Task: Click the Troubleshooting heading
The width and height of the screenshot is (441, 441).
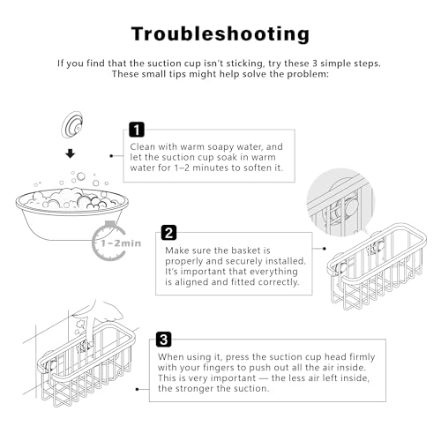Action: coord(220,34)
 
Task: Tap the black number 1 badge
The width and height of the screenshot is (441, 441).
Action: coord(137,130)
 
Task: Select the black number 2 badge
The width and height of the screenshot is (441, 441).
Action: coord(168,233)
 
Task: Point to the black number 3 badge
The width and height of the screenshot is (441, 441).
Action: coord(163,340)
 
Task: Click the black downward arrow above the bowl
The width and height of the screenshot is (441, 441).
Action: coord(71,153)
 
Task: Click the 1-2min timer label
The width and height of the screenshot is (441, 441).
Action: coord(121,243)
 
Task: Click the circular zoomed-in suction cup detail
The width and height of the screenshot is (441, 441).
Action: coord(341,202)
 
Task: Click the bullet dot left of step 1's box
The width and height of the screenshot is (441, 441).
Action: coord(111,156)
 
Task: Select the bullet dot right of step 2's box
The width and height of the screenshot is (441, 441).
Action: coord(325,249)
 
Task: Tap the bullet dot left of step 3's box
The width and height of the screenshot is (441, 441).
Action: coord(138,389)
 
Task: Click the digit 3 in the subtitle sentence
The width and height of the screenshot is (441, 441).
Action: coord(315,64)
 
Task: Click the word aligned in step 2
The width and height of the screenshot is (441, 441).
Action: coord(191,282)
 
